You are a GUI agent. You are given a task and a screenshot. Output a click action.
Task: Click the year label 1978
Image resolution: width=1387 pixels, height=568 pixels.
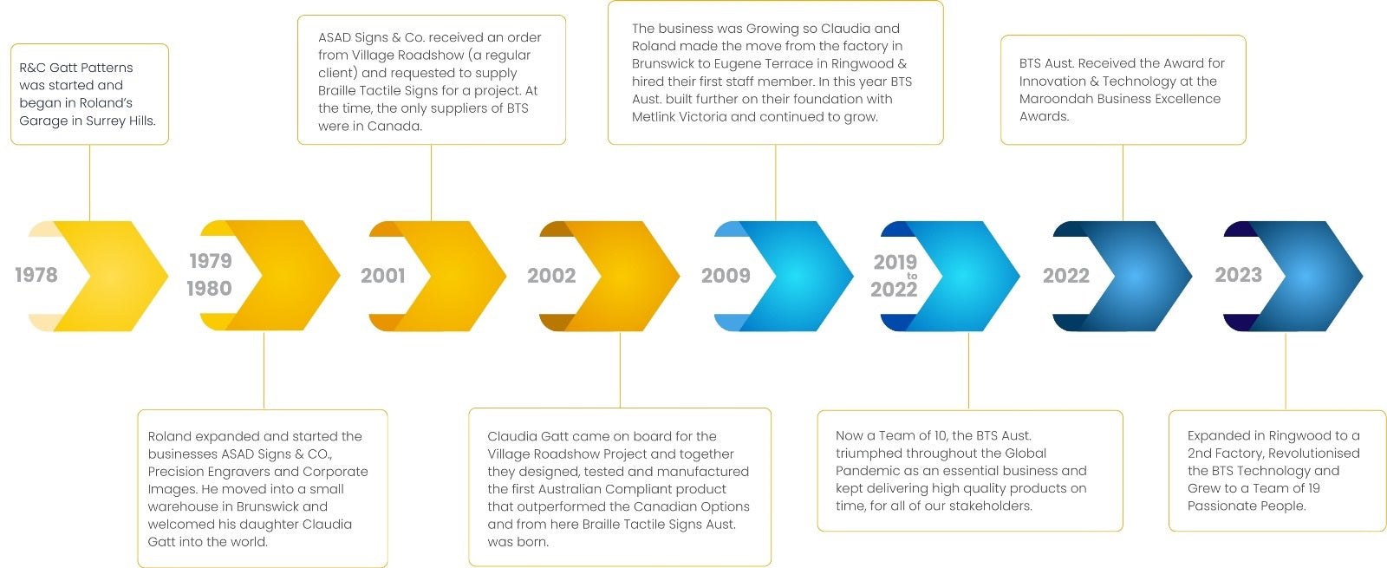pos(36,275)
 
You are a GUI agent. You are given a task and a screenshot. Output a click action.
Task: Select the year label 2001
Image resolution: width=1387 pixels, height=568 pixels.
pos(382,276)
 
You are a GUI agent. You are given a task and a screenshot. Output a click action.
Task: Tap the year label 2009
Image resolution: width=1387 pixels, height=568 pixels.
pos(726,276)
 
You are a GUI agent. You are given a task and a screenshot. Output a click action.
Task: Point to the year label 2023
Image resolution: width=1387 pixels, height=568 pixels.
pos(1239,275)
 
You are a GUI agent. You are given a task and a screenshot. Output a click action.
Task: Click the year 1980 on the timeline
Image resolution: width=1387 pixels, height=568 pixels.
pos(209,289)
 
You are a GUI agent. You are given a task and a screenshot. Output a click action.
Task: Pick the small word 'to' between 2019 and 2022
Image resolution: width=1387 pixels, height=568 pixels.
pos(912,277)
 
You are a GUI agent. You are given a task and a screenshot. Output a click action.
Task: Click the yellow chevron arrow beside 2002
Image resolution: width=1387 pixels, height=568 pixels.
pos(610,277)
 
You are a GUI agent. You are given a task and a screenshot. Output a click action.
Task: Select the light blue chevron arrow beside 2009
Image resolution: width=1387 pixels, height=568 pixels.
pos(784,277)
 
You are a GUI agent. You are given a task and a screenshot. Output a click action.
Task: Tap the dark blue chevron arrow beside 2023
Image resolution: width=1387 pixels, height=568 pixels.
pos(1293,277)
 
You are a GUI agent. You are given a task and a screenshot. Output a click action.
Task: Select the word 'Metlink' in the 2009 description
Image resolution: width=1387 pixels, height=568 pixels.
pos(654,117)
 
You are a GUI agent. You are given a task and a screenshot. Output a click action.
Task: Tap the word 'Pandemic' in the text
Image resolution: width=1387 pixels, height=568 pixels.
pos(865,471)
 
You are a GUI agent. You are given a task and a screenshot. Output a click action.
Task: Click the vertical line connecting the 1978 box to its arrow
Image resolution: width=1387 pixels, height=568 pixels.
pos(90,183)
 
